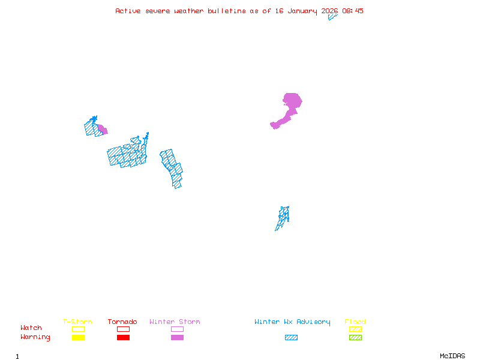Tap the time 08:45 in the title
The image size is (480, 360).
(353, 11)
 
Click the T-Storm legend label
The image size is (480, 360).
(77, 322)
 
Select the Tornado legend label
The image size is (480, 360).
(122, 322)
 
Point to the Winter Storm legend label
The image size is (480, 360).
(175, 322)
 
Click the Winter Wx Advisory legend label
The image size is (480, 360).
(292, 322)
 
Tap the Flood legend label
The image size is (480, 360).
(355, 322)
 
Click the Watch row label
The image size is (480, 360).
(31, 328)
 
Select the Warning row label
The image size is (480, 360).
(35, 337)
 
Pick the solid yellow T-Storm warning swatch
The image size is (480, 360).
(78, 338)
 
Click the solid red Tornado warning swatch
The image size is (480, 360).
(123, 338)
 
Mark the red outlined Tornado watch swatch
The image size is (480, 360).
(123, 329)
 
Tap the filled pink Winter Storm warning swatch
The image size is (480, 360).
(177, 338)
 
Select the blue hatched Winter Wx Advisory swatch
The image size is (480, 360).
(291, 338)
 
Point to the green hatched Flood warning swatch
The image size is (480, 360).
(355, 338)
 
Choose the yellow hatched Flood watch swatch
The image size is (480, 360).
(355, 329)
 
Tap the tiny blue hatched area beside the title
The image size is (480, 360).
(332, 17)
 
